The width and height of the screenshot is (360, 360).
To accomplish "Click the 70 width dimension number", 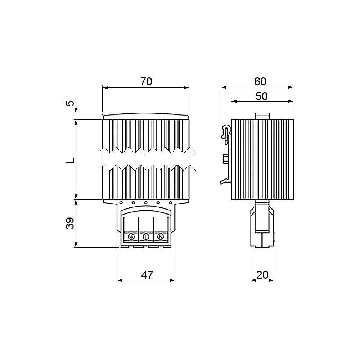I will (146, 82).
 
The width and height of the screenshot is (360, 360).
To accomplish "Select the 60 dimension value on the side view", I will (260, 82).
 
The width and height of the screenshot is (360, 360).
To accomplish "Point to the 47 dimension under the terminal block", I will (147, 275).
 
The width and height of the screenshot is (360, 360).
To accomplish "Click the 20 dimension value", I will (262, 275).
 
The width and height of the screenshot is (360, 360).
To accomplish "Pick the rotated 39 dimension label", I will (71, 223).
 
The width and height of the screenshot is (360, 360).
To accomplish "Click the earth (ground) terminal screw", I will (131, 237).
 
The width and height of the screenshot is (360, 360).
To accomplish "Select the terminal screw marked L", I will (146, 237).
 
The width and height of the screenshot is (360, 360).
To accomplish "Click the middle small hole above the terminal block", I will (146, 203).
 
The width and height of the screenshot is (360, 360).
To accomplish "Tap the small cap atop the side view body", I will (262, 116).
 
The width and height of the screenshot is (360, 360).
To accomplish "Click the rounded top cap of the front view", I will (145, 117).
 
